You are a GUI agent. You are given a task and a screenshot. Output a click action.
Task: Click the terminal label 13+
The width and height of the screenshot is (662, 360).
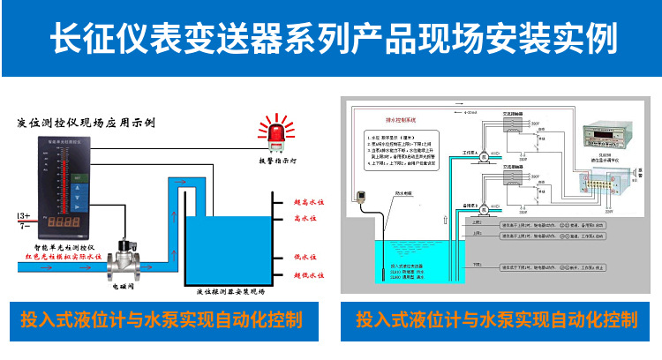[x=24, y=216]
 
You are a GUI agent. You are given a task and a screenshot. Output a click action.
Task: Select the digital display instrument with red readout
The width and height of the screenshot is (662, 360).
[x=599, y=142]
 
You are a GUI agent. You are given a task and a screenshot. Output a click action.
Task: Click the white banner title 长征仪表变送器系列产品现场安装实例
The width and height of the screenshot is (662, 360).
[x=331, y=38]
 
